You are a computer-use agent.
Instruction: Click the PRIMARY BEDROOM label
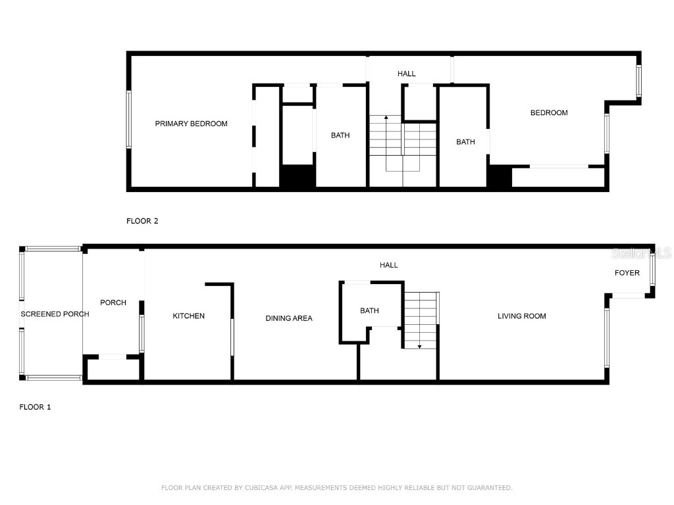click(x=192, y=124)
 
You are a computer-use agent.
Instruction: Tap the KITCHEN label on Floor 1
click(x=188, y=316)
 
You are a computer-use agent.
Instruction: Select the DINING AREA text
click(x=289, y=318)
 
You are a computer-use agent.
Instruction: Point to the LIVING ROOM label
click(x=522, y=316)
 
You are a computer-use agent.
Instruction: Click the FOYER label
click(x=627, y=273)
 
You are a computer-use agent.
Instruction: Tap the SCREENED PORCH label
click(x=55, y=314)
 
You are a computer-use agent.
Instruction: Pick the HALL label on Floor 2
click(x=407, y=74)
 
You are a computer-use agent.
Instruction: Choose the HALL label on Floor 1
click(x=388, y=265)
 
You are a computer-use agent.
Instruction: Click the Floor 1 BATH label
click(x=369, y=310)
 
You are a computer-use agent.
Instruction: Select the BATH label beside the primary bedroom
click(x=340, y=135)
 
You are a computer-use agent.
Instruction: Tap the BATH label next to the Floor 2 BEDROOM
click(x=465, y=142)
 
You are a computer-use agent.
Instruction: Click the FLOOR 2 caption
click(x=142, y=221)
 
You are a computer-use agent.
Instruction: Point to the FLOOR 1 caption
click(x=36, y=407)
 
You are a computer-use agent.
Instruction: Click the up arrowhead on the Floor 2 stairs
click(x=386, y=117)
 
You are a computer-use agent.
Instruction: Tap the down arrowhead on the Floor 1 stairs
click(x=419, y=347)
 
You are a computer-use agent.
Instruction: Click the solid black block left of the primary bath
click(x=298, y=176)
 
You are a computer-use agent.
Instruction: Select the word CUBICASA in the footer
click(x=261, y=488)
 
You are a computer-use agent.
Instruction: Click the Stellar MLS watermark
click(x=641, y=253)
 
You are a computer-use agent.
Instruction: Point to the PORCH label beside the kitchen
click(x=113, y=302)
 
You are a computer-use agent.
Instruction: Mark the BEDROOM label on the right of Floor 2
click(x=549, y=113)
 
